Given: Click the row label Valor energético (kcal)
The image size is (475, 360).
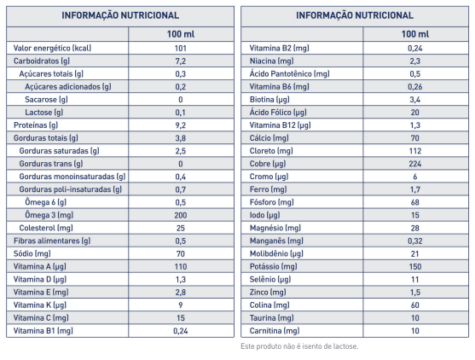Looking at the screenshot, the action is pos(52,48).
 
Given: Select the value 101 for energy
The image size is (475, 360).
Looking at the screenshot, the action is pos(181,48).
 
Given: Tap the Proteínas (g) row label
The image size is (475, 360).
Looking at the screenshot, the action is pos(36,125).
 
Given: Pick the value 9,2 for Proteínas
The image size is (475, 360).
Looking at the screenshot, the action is pos(181,125).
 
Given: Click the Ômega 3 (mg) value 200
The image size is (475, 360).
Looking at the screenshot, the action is pos(181,215).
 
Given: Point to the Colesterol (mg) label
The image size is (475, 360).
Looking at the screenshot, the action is pos(46,228).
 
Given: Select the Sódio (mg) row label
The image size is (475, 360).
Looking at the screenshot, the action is pos(32,253).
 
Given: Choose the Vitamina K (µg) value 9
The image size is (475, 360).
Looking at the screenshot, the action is pos(181,305).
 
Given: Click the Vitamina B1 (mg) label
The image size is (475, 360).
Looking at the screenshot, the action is pos(43,331).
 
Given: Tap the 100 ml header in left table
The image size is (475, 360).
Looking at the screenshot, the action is pos(181,34).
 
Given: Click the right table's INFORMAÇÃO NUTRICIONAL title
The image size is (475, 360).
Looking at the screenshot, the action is pos(355,15).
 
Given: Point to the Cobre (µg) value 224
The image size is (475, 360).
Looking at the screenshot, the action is pos(415,164).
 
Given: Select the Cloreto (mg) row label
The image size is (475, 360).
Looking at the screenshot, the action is pos(271,151).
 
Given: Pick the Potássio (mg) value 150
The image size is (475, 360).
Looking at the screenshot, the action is pos(415,267).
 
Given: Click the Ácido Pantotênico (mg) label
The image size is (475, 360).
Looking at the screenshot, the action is pos(289,74).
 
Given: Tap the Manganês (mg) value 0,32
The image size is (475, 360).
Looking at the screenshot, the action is pos(415,241).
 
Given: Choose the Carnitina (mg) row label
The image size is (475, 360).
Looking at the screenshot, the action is pos(275,331).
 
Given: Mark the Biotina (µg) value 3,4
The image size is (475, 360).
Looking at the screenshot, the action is pos(415,100).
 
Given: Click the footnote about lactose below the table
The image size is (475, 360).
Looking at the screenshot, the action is pos(299,346).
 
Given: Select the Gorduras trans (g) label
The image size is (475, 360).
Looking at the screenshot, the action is pos(51,164).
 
